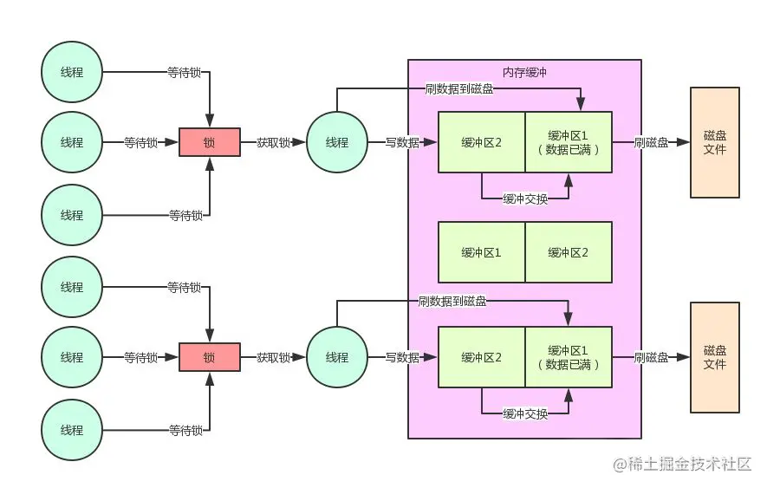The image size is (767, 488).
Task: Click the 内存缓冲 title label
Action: click(524, 72)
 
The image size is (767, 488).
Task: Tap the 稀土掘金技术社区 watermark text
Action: click(683, 465)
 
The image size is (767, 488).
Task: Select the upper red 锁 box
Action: click(209, 142)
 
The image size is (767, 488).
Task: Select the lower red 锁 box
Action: click(209, 357)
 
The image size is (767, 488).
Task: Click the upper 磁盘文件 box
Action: click(715, 142)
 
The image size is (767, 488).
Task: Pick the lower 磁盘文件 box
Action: click(715, 357)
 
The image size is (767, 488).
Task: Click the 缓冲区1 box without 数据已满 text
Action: click(482, 252)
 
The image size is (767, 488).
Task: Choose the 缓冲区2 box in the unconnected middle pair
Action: click(569, 252)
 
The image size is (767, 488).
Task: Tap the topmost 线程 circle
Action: click(72, 72)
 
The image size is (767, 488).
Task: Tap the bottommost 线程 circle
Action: click(72, 429)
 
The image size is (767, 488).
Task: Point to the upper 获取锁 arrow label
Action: click(273, 142)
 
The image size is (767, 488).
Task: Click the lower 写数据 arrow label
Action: click(402, 357)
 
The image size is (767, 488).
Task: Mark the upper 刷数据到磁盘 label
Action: click(459, 88)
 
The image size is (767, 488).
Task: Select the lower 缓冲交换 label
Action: click(525, 414)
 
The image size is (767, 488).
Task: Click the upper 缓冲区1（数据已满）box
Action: click(569, 142)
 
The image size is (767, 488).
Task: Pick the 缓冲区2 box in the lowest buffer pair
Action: click(482, 357)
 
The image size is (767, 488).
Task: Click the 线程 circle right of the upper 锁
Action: click(337, 142)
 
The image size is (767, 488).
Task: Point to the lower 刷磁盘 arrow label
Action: click(651, 357)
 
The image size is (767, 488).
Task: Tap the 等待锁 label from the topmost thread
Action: click(185, 73)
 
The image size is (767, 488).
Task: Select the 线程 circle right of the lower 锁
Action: click(337, 357)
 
